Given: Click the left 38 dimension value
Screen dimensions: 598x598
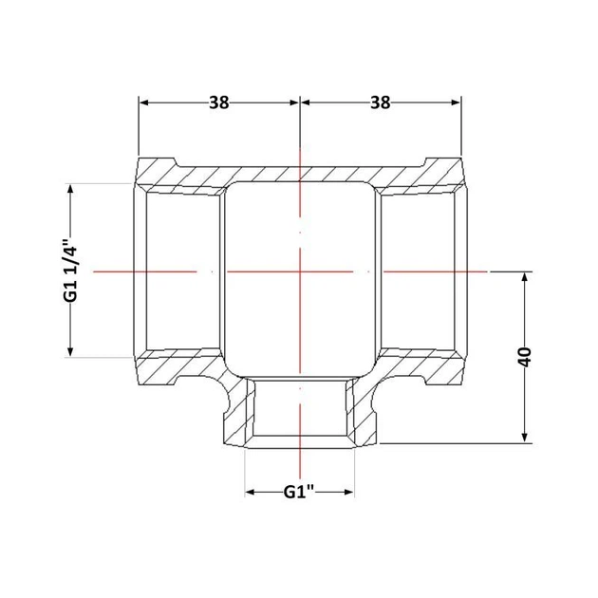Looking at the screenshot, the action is (x=219, y=103).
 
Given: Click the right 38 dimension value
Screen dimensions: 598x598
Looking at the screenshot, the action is (x=381, y=103).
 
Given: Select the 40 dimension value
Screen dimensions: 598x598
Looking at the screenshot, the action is (x=525, y=357).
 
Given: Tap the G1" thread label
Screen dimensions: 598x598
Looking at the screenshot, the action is (x=299, y=492).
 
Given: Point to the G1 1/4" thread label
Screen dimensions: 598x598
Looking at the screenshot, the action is (x=71, y=271).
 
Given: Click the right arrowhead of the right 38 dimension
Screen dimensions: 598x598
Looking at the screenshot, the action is (x=457, y=103).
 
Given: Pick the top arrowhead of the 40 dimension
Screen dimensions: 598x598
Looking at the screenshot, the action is (x=525, y=276).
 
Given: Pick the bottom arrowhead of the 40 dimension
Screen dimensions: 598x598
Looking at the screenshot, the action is (x=525, y=439).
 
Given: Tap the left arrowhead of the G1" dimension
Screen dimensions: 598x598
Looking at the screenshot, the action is (x=250, y=492).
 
